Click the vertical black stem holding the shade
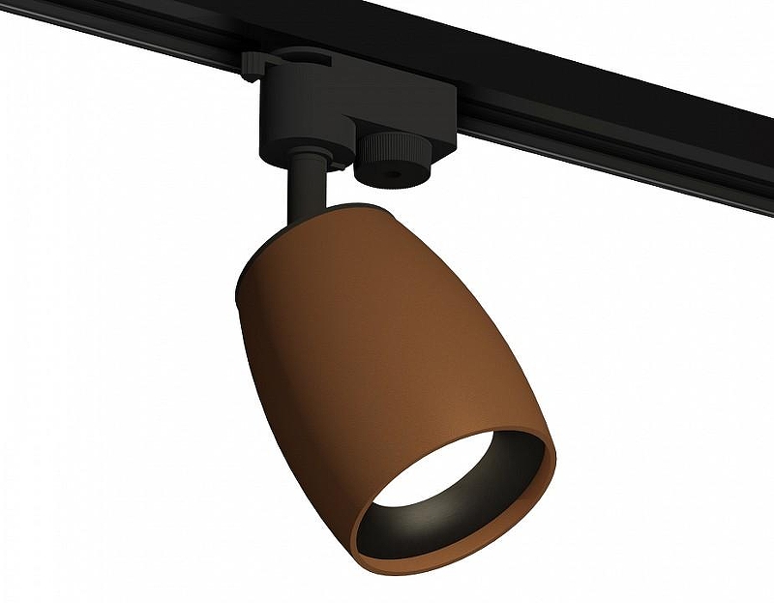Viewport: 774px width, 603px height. click(x=307, y=184)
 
